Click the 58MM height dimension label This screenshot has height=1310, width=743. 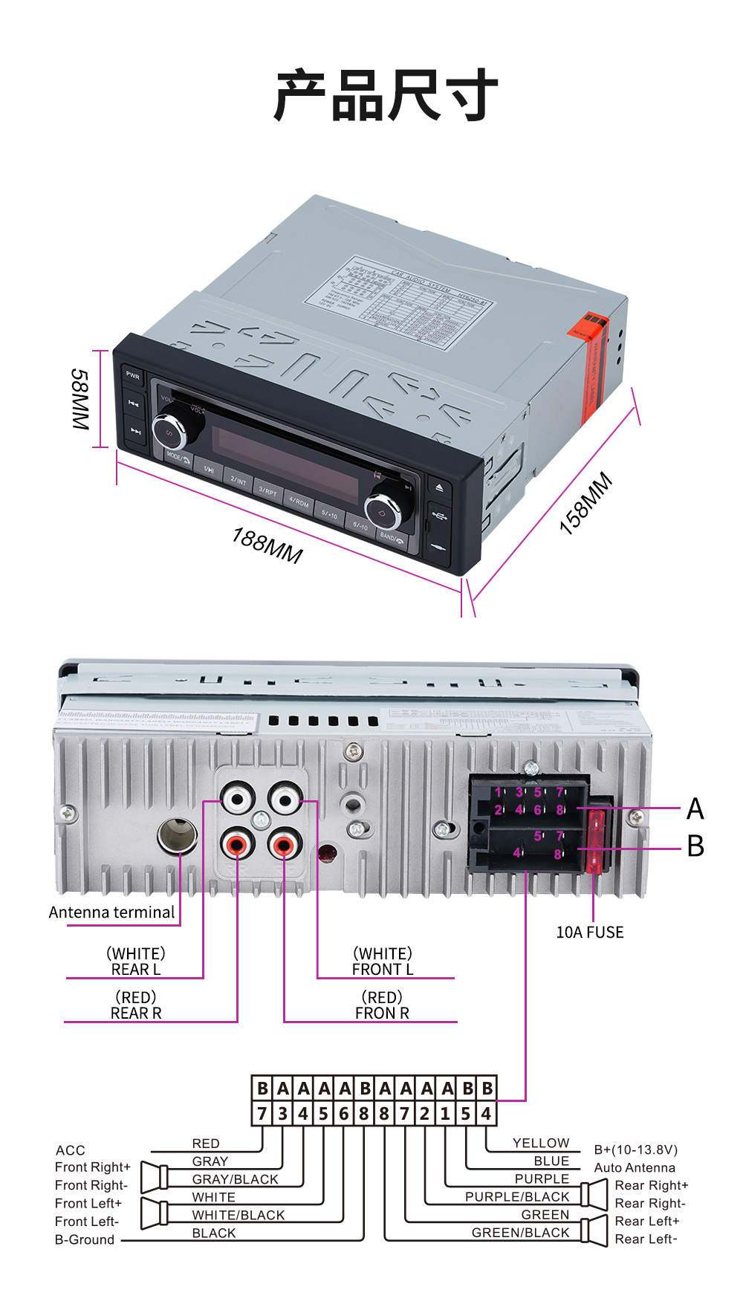[80, 399]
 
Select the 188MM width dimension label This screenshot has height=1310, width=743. [267, 545]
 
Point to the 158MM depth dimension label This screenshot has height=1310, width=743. [586, 503]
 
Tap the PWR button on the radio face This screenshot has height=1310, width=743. [133, 376]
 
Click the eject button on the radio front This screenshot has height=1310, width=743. [439, 488]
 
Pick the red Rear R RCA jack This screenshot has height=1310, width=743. [238, 845]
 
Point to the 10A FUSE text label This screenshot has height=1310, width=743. [590, 933]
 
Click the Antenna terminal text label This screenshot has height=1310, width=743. [111, 912]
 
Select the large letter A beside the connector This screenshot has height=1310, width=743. [695, 808]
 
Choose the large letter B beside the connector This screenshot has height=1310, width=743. [695, 846]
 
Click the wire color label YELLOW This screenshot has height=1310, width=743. [541, 1143]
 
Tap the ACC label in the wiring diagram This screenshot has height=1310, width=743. [71, 1150]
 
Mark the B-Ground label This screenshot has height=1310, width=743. [85, 1239]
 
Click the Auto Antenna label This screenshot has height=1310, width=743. [635, 1167]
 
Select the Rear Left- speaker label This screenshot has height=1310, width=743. [646, 1239]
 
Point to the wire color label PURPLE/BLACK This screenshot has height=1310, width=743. [517, 1196]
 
